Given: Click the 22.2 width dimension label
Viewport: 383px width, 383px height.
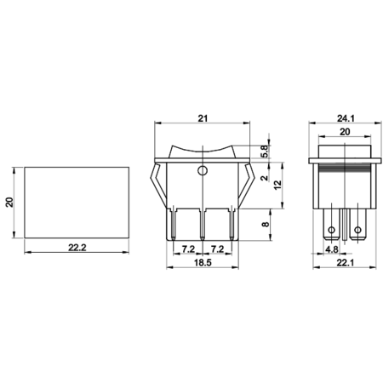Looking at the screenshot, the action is (77, 248).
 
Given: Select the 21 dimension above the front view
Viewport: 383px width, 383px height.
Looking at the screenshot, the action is (203, 118).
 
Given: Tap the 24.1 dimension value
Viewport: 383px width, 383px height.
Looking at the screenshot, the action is (346, 118).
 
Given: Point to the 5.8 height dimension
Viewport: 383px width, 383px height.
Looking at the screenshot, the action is (264, 151).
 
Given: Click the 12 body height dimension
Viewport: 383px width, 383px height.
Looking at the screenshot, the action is (278, 185).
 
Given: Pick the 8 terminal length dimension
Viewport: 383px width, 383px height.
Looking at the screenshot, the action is (266, 225).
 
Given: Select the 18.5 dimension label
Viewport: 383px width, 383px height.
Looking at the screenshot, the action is (203, 262).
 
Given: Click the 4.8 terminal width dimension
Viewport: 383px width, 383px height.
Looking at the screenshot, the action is (332, 249).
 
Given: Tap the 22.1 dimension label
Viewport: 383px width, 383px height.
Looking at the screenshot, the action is (346, 263).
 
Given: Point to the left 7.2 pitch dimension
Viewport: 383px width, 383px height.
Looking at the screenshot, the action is (188, 249).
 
